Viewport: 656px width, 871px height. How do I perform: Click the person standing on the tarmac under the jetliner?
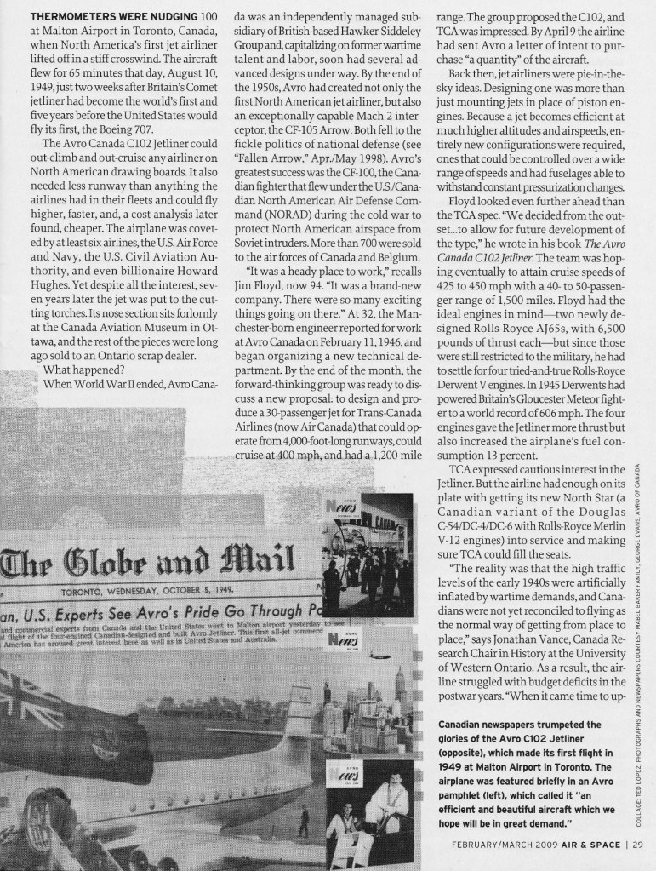pos(304,820)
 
